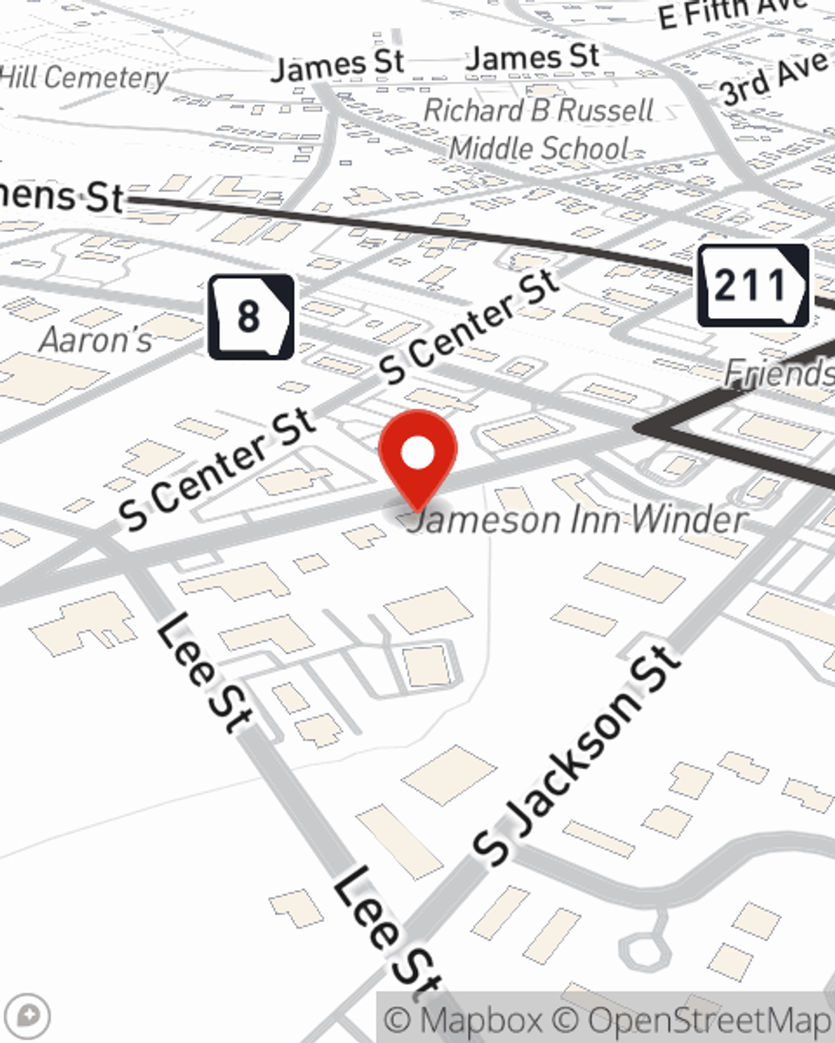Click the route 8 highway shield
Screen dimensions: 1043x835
pyautogui.click(x=250, y=316)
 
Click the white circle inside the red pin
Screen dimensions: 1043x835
pyautogui.click(x=417, y=454)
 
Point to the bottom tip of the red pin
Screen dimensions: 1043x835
pyautogui.click(x=417, y=509)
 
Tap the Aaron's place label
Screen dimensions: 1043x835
pyautogui.click(x=96, y=340)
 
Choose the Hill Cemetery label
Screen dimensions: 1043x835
pyautogui.click(x=83, y=78)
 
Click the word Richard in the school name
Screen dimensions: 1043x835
pyautogui.click(x=473, y=110)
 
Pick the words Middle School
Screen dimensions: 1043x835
pyautogui.click(x=539, y=149)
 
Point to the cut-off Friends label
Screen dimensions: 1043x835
pyautogui.click(x=779, y=372)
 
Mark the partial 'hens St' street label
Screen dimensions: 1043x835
pyautogui.click(x=63, y=197)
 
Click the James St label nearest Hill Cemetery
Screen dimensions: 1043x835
pyautogui.click(x=337, y=65)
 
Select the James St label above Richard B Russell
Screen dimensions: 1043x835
pyautogui.click(x=533, y=58)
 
